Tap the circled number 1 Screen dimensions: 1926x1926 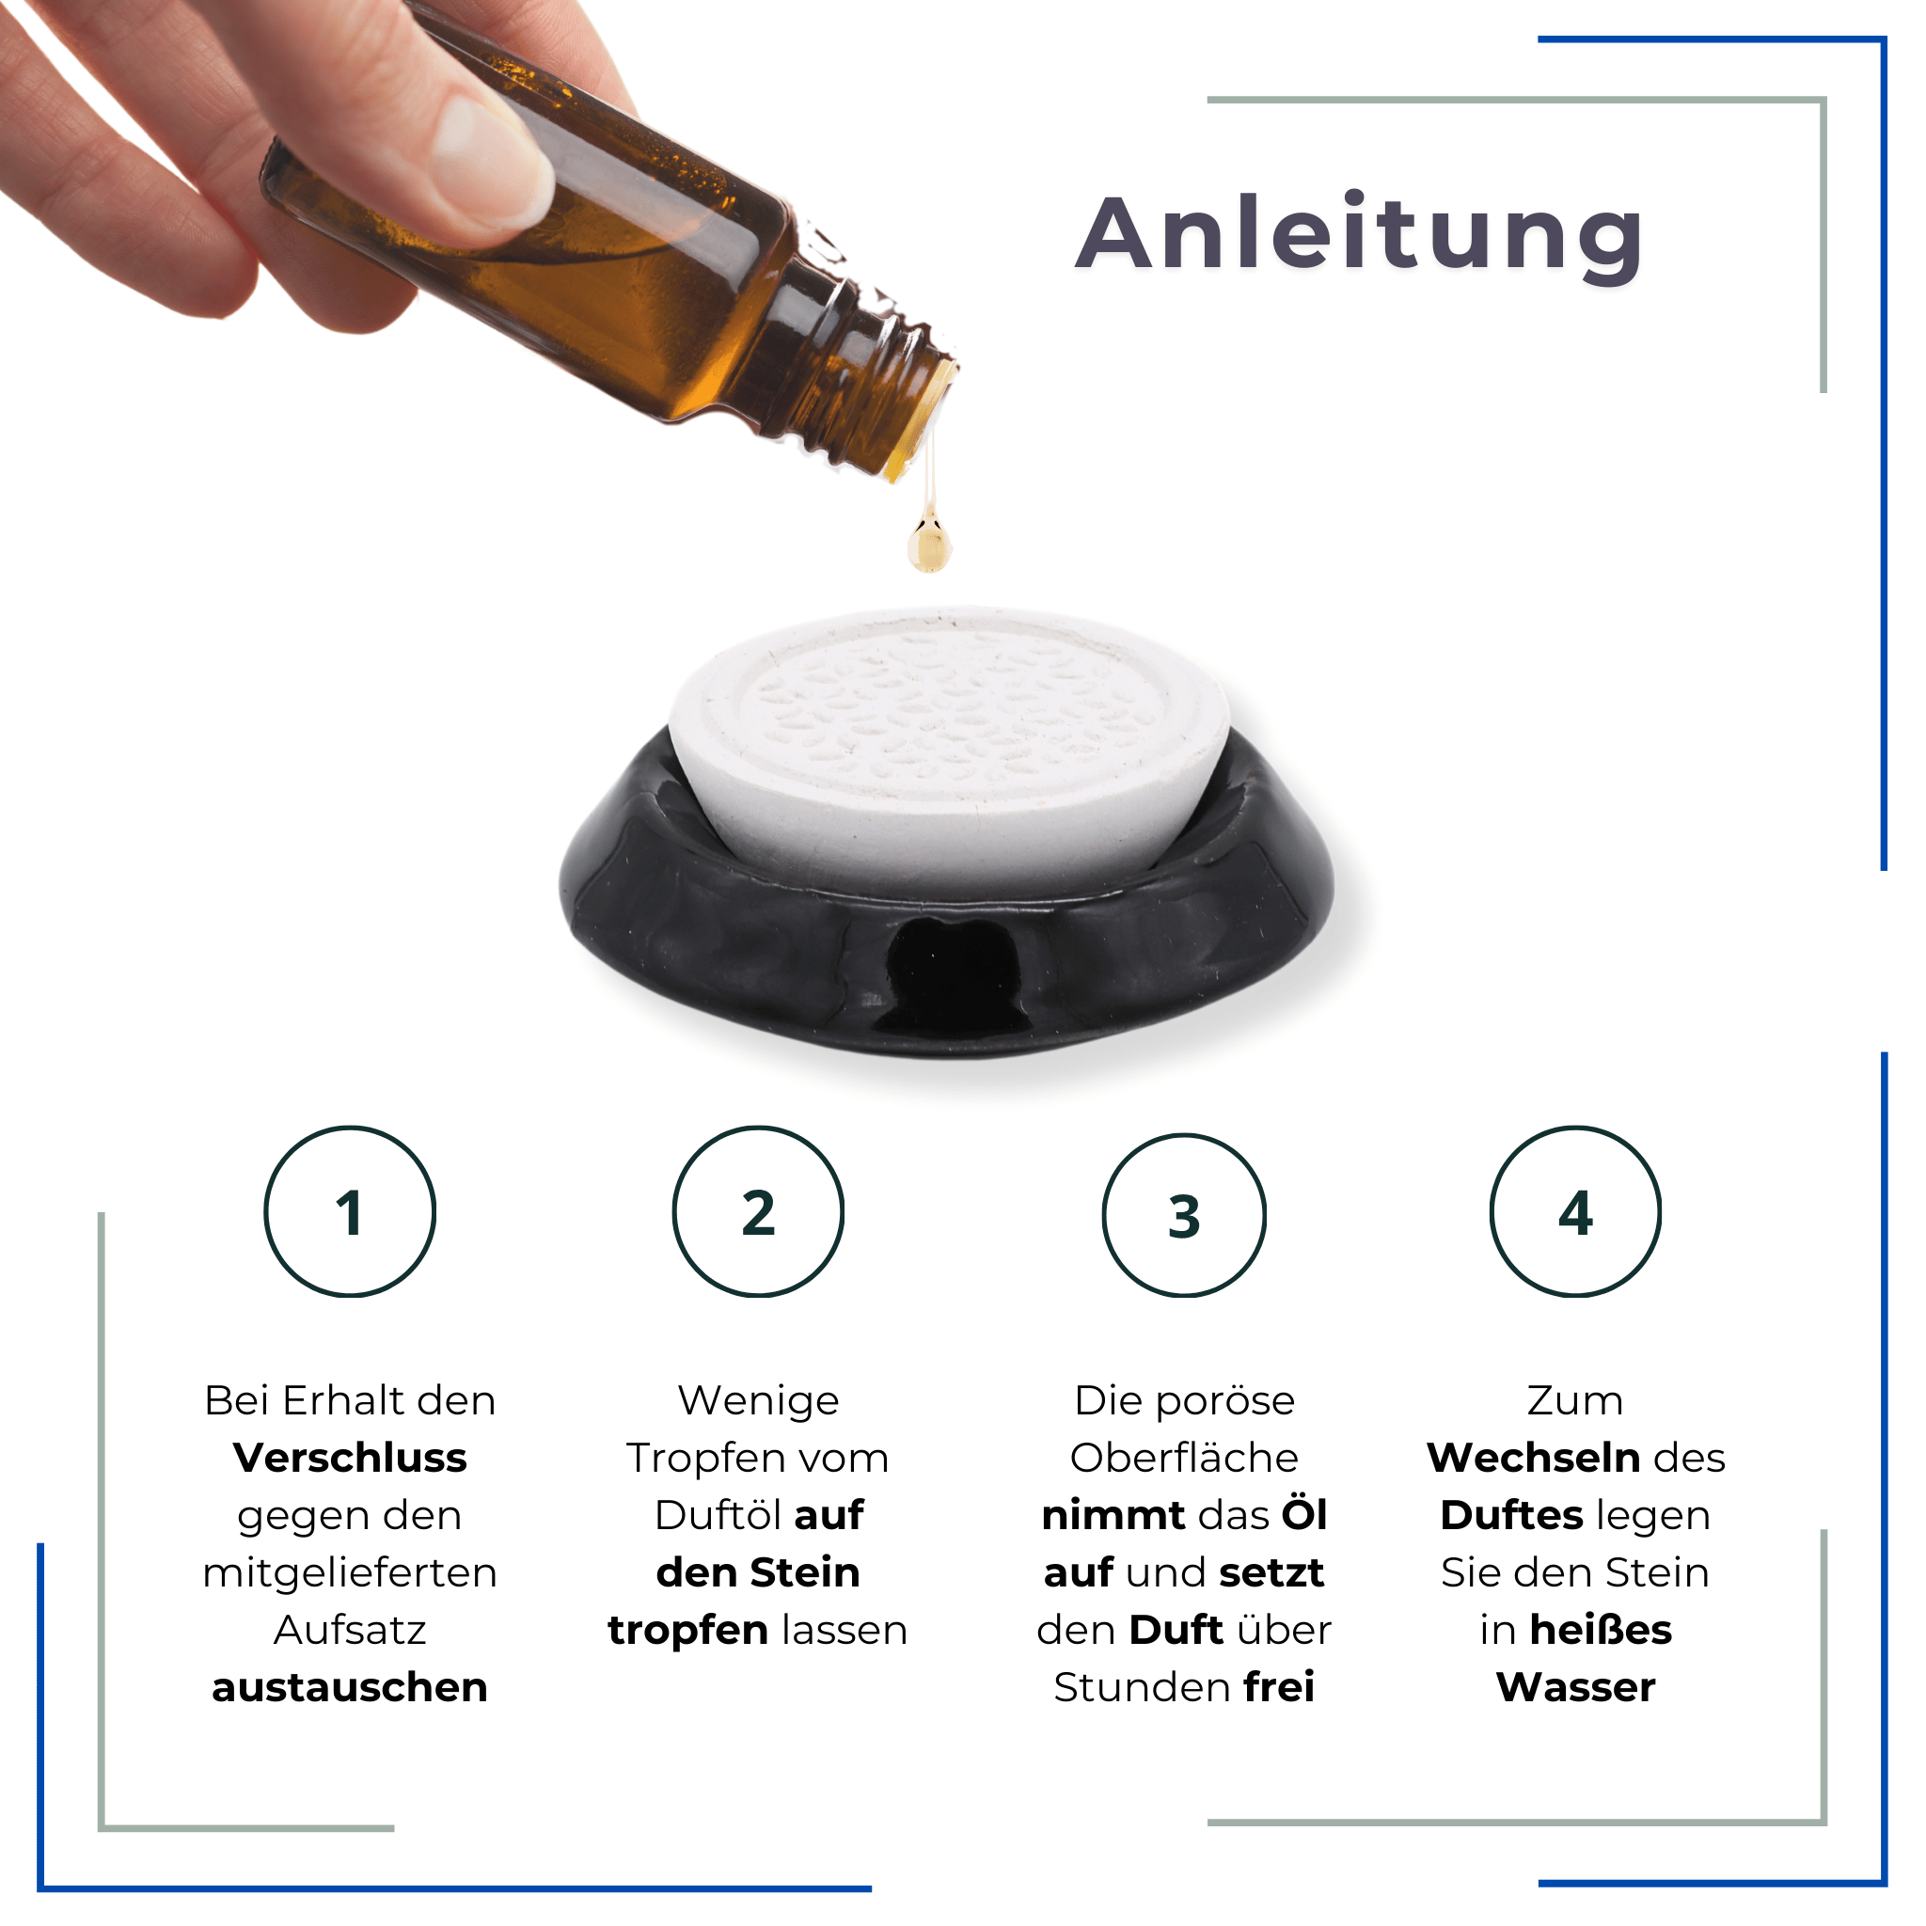[350, 1212]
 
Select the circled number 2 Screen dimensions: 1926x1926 [759, 1212]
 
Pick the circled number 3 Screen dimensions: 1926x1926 [1184, 1216]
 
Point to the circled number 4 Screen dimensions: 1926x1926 [1575, 1212]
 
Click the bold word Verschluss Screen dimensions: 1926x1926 [350, 1458]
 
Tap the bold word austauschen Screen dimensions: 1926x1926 [350, 1687]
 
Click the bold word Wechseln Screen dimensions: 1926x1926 [1533, 1458]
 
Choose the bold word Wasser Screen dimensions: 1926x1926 [1575, 1687]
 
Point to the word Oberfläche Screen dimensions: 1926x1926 [1184, 1458]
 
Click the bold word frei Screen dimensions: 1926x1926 [1279, 1687]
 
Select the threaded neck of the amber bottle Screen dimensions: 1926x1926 [877, 379]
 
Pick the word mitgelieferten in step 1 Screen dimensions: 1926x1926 [350, 1573]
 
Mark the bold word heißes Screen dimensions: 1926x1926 [1600, 1630]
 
